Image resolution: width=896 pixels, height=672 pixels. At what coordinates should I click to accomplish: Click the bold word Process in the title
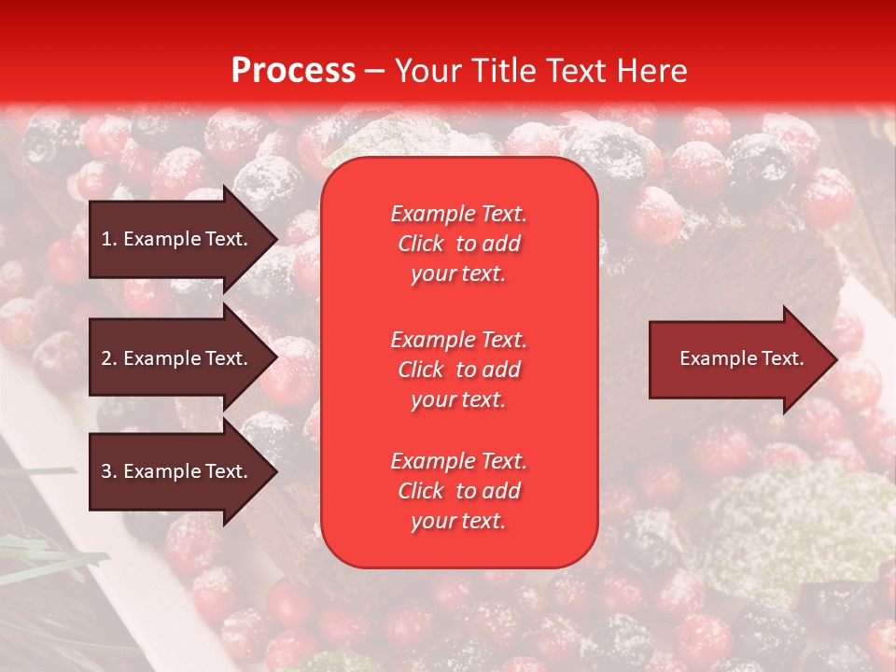pos(293,71)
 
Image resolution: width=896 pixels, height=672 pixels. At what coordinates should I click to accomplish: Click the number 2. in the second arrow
pos(109,358)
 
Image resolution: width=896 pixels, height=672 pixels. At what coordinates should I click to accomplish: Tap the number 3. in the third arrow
pos(109,471)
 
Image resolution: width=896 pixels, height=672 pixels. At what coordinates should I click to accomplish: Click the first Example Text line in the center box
pos(458,214)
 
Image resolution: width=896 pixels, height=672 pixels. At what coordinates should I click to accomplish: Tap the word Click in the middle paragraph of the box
pos(420,370)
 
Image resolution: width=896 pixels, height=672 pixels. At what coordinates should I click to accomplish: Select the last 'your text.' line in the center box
pos(458,521)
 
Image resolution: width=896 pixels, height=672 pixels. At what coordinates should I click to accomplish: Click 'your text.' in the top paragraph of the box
pos(458,273)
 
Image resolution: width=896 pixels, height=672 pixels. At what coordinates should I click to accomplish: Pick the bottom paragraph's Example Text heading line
pos(458,461)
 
